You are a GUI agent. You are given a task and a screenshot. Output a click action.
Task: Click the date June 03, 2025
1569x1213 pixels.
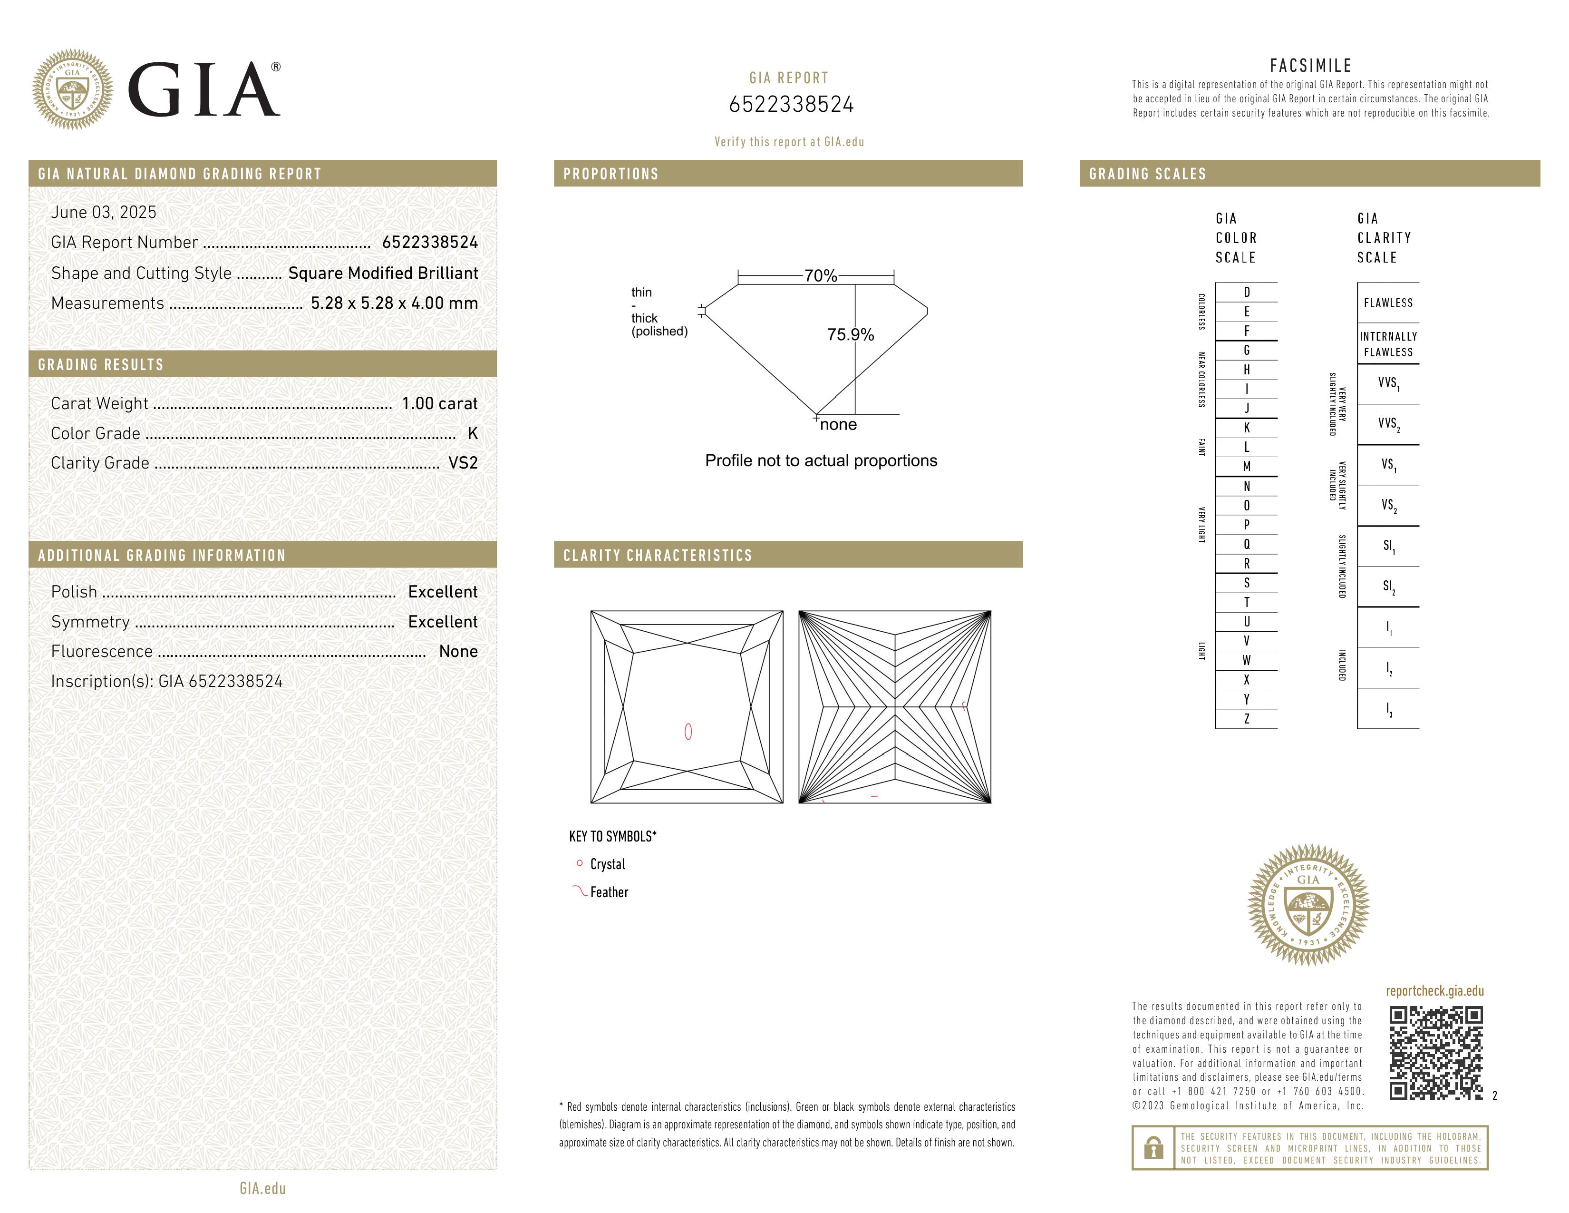click(104, 213)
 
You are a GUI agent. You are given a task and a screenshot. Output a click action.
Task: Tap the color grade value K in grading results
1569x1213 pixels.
click(472, 433)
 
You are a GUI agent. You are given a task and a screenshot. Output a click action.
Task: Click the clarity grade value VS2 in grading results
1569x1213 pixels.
click(463, 463)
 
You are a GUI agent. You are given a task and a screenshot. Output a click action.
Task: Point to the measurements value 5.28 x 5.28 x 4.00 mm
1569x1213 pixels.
click(394, 303)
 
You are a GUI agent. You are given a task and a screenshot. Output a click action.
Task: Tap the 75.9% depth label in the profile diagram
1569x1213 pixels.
click(850, 335)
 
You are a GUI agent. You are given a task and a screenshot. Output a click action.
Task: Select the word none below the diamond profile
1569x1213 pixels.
click(838, 425)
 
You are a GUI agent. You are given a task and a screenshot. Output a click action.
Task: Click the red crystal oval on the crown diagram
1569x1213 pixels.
click(688, 732)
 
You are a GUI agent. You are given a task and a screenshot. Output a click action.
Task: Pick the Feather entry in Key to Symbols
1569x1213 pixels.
click(609, 892)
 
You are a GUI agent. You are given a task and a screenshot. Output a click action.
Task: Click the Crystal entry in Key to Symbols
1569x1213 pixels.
click(607, 864)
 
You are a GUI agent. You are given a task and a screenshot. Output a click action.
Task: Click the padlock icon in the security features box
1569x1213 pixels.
click(1153, 1148)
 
